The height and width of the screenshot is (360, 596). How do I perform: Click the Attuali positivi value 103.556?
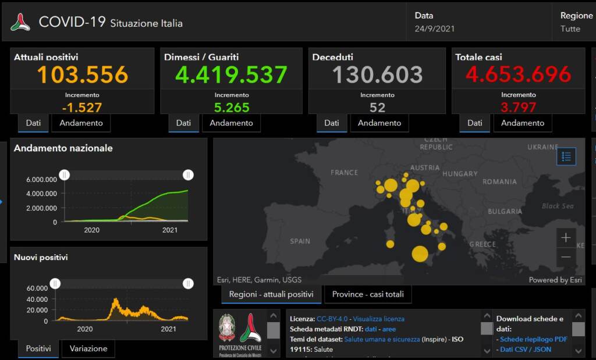pyautogui.click(x=83, y=74)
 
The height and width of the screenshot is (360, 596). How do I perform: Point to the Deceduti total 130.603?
pyautogui.click(x=377, y=74)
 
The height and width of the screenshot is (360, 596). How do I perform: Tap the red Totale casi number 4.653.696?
pyautogui.click(x=519, y=74)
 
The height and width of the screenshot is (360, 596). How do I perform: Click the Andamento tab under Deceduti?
pyautogui.click(x=379, y=123)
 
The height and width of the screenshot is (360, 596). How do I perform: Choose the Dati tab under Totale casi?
pyautogui.click(x=475, y=123)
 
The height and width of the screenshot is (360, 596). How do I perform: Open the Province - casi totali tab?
pyautogui.click(x=368, y=294)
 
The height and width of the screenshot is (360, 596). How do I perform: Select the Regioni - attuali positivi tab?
pyautogui.click(x=271, y=294)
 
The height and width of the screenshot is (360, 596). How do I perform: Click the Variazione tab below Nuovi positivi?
pyautogui.click(x=88, y=348)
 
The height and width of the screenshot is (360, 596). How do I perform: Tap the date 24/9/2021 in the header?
pyautogui.click(x=435, y=28)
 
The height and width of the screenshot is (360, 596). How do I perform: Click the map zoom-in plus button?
pyautogui.click(x=566, y=237)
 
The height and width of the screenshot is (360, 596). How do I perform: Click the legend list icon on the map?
pyautogui.click(x=566, y=156)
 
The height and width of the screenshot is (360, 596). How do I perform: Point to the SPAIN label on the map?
pyautogui.click(x=300, y=241)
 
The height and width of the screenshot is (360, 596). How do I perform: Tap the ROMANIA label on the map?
pyautogui.click(x=499, y=181)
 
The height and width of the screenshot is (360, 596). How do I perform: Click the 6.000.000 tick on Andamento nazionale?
pyautogui.click(x=41, y=179)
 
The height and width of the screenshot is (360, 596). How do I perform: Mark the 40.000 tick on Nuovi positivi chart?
pyautogui.click(x=37, y=299)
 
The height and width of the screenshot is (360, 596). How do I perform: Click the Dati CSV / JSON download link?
pyautogui.click(x=526, y=350)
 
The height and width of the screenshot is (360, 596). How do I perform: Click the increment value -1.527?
pyautogui.click(x=82, y=108)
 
